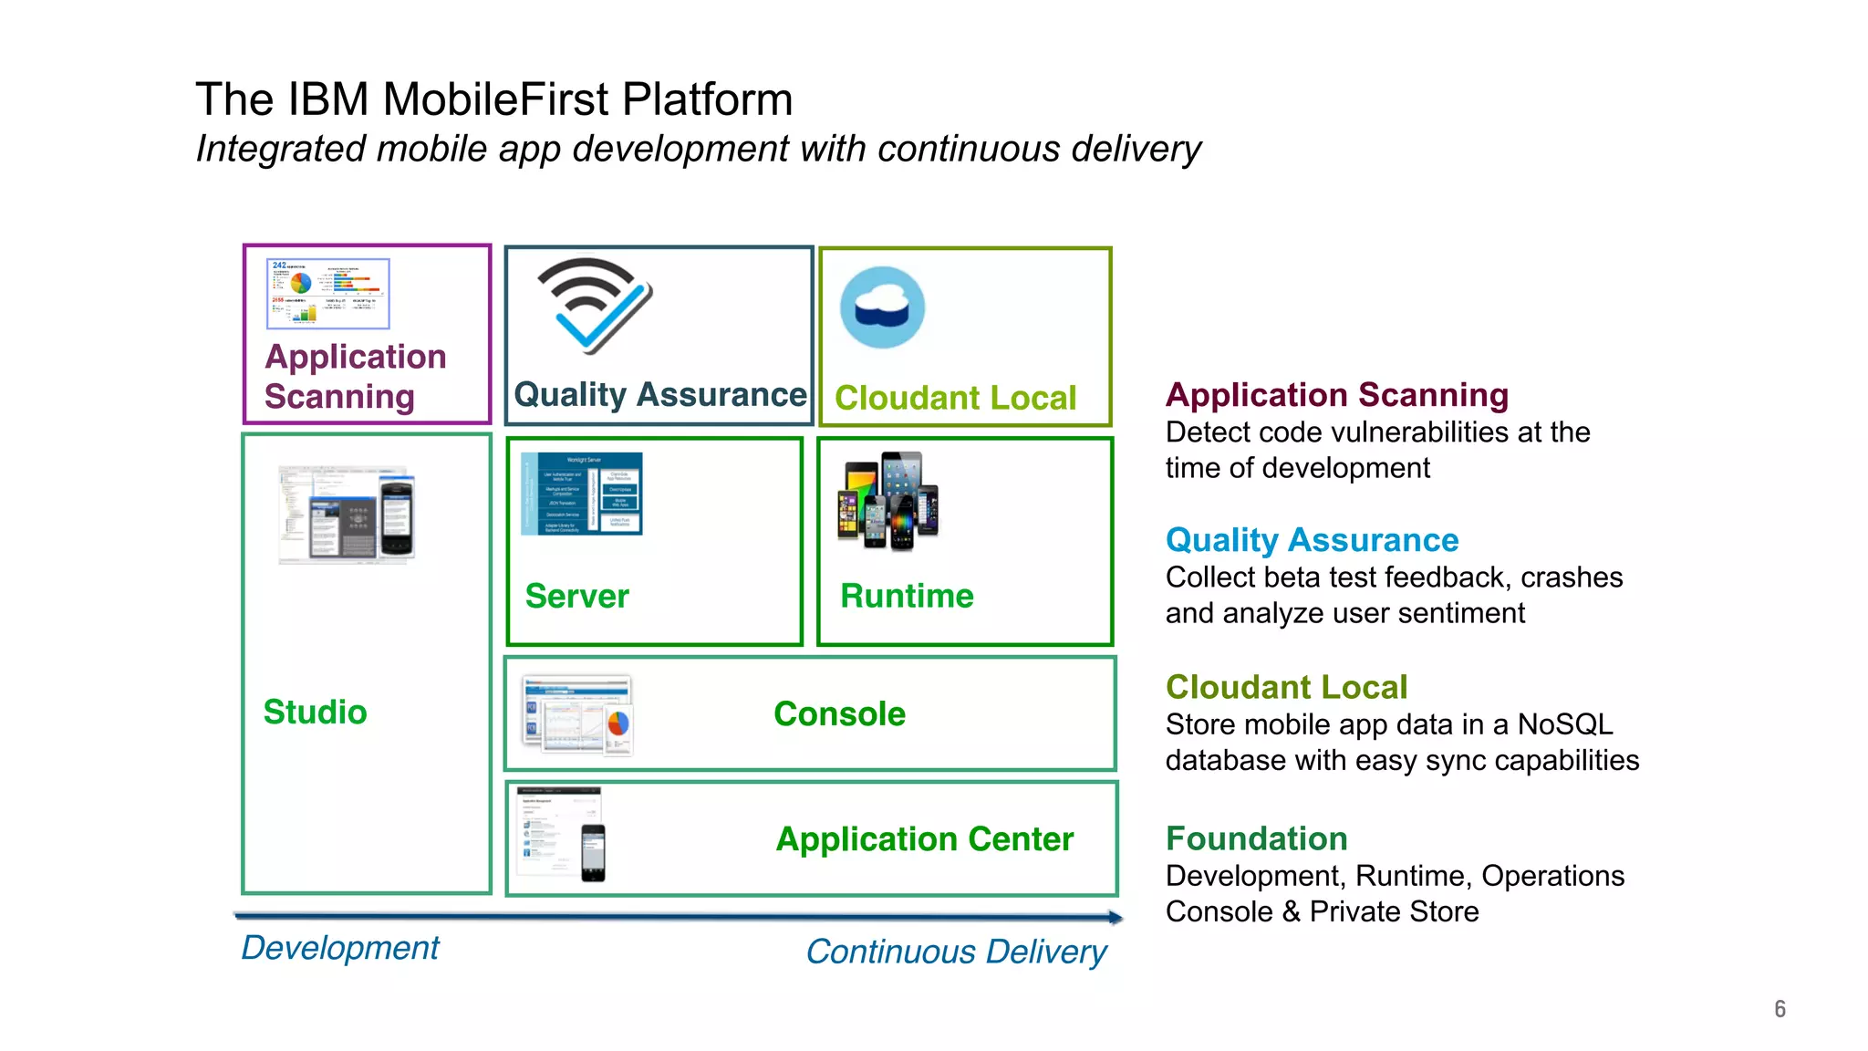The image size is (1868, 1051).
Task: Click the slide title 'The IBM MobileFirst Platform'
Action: coord(493,99)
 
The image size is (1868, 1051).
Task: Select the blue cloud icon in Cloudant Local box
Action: coord(882,307)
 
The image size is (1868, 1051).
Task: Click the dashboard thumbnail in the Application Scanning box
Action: coord(327,294)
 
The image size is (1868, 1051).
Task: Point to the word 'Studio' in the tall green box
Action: coord(315,713)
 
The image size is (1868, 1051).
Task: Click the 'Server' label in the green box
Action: coord(576,597)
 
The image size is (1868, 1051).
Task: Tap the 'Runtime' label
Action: coord(907,596)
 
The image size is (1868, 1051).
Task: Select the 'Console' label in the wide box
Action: coord(839,714)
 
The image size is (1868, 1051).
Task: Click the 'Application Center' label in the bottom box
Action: coord(924,839)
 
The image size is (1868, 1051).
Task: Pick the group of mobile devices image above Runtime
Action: coord(887,501)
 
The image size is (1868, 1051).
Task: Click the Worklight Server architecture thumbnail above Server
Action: coord(582,494)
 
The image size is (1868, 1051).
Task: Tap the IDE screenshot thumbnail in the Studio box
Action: coord(347,514)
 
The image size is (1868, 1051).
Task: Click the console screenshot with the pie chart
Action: coord(578,714)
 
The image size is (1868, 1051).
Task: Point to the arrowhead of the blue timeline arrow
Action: coord(1116,917)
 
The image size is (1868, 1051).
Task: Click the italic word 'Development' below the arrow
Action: coord(339,949)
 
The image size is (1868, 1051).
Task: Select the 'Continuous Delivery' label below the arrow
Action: coord(956,952)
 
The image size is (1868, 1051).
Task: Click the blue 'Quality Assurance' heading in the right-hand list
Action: coord(1312,540)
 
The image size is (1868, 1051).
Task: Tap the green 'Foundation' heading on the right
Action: coord(1256,838)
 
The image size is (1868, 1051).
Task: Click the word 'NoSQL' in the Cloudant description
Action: coord(1564,724)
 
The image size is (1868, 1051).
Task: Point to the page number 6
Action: coord(1780,1009)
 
